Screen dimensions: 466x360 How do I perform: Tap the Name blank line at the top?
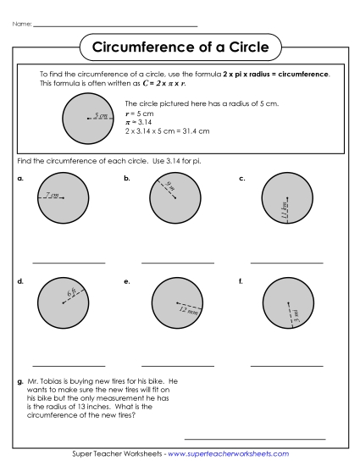coord(114,25)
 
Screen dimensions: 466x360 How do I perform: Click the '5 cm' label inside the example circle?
coord(101,115)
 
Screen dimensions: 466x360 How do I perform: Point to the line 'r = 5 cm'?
coord(139,113)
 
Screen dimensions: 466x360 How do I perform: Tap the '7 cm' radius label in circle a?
coord(53,196)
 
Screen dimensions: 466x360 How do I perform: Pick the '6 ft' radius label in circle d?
coord(71,293)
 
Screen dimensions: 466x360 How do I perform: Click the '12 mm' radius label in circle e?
coord(188,309)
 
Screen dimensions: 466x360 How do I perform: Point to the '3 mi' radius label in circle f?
coord(296,315)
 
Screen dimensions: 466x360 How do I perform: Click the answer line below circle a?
coord(69,263)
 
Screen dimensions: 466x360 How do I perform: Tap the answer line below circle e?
coord(178,365)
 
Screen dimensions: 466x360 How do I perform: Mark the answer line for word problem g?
coord(254,439)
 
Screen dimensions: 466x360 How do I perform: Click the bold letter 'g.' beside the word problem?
coord(19,381)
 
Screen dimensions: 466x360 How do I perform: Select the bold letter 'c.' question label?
coord(242,179)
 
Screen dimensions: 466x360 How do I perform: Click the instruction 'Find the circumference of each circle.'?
coord(81,160)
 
